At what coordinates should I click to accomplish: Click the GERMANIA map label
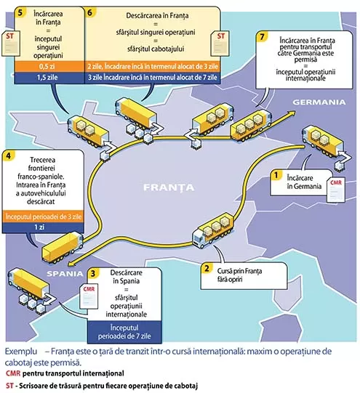[319, 102]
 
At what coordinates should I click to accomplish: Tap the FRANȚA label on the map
[169, 187]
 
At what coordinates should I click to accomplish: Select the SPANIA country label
[65, 274]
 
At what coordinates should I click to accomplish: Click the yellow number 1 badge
[276, 175]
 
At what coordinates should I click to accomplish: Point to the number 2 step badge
[207, 268]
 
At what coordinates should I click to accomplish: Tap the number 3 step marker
[93, 273]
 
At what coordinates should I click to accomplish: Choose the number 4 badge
[8, 156]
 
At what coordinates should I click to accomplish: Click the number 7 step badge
[262, 37]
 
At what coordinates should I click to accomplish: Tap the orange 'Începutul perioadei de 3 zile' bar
[43, 216]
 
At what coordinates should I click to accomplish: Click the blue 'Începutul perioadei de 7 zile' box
[124, 332]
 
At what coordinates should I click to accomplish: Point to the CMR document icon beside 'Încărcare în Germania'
[336, 190]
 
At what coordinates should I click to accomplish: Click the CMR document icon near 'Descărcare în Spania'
[89, 296]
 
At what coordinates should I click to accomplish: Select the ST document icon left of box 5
[11, 44]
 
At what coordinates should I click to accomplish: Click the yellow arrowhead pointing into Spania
[72, 263]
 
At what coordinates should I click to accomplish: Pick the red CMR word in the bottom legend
[13, 373]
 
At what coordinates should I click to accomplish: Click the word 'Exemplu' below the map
[21, 352]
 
